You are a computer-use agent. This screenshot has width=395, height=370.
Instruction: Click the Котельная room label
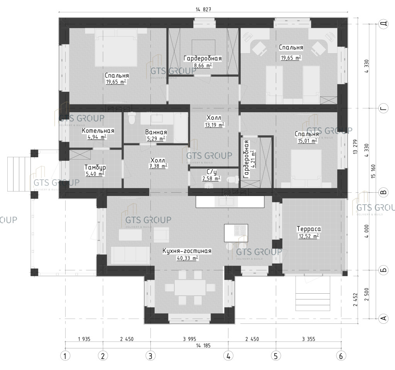(98, 131)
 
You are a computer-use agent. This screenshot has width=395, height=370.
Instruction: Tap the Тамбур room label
(95, 167)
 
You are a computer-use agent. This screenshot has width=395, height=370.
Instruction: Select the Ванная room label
(156, 133)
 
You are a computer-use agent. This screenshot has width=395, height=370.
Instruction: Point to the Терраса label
(309, 229)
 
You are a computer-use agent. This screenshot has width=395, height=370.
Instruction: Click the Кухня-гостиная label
(187, 251)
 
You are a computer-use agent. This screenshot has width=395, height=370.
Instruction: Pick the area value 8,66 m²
(203, 66)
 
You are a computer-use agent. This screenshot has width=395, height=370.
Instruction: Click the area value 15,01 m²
(307, 141)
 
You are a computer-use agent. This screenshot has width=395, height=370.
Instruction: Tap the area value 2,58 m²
(211, 179)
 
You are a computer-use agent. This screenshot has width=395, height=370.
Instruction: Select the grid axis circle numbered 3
(150, 356)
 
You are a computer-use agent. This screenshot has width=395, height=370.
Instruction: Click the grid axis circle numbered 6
(341, 356)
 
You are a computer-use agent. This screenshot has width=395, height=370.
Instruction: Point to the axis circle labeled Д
(383, 24)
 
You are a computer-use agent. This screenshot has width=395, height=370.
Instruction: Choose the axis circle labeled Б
(383, 270)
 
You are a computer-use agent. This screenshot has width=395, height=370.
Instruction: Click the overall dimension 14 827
(203, 10)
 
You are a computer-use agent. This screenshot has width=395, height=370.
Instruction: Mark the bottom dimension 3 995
(189, 339)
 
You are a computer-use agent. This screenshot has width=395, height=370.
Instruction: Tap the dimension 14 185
(203, 346)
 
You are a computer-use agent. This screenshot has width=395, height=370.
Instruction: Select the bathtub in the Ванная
(181, 128)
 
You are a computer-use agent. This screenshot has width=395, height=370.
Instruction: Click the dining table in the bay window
(190, 287)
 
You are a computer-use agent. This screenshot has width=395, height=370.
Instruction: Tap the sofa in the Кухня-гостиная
(130, 255)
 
